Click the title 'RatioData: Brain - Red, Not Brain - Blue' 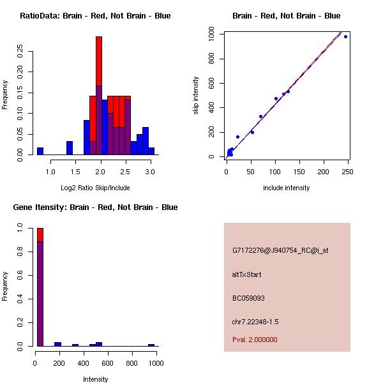coord(95,16)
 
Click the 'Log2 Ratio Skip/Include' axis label coord(95,187)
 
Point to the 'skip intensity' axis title coord(197,96)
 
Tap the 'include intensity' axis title coord(286,188)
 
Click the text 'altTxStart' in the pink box coord(247,274)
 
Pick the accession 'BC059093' coord(248,298)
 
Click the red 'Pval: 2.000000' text coord(255,340)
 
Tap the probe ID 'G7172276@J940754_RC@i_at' coord(280,251)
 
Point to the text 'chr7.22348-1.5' coord(255,321)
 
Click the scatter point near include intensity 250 coord(345,36)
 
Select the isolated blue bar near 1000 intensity coord(151,345)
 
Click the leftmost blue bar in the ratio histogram coord(40,151)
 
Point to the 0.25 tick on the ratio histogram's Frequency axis coord(20,51)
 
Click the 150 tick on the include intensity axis coord(299,171)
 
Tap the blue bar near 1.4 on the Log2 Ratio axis coord(70,148)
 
